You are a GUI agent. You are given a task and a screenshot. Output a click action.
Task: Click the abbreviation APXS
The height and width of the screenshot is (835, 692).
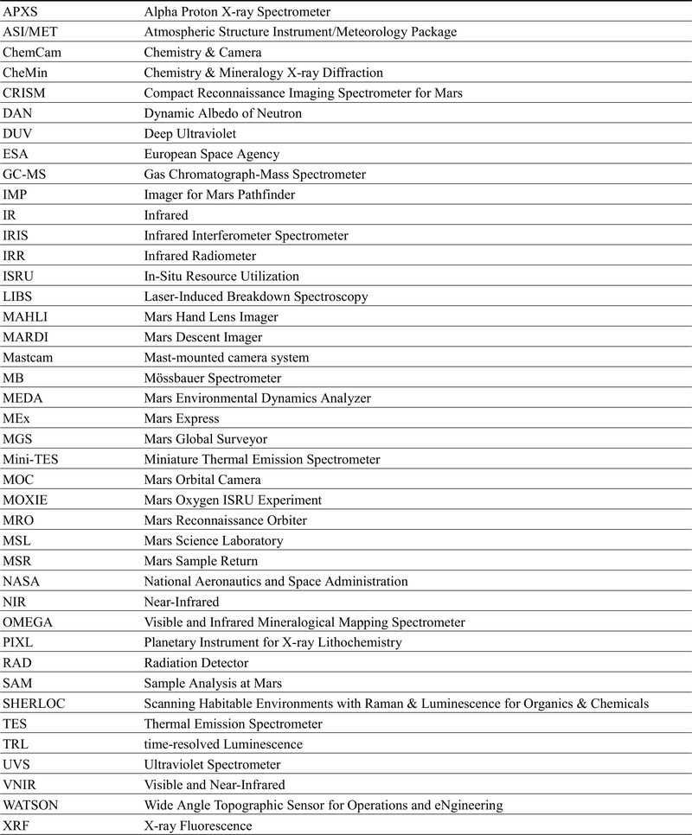[22, 12]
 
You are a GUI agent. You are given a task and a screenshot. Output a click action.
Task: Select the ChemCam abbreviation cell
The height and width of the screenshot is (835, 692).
[31, 52]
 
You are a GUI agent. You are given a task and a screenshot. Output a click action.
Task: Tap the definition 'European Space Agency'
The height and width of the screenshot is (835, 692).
[212, 154]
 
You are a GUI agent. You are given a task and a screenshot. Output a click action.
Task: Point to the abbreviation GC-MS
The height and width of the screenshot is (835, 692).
[27, 175]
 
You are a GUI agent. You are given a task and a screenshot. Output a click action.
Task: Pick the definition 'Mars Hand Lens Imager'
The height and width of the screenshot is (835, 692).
[211, 316]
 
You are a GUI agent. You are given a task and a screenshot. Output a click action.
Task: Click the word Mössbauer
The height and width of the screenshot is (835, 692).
[179, 378]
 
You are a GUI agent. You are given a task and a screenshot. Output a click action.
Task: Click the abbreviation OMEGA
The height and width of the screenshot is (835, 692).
[29, 621]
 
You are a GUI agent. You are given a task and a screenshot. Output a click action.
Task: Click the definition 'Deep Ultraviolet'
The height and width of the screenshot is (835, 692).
[191, 134]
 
